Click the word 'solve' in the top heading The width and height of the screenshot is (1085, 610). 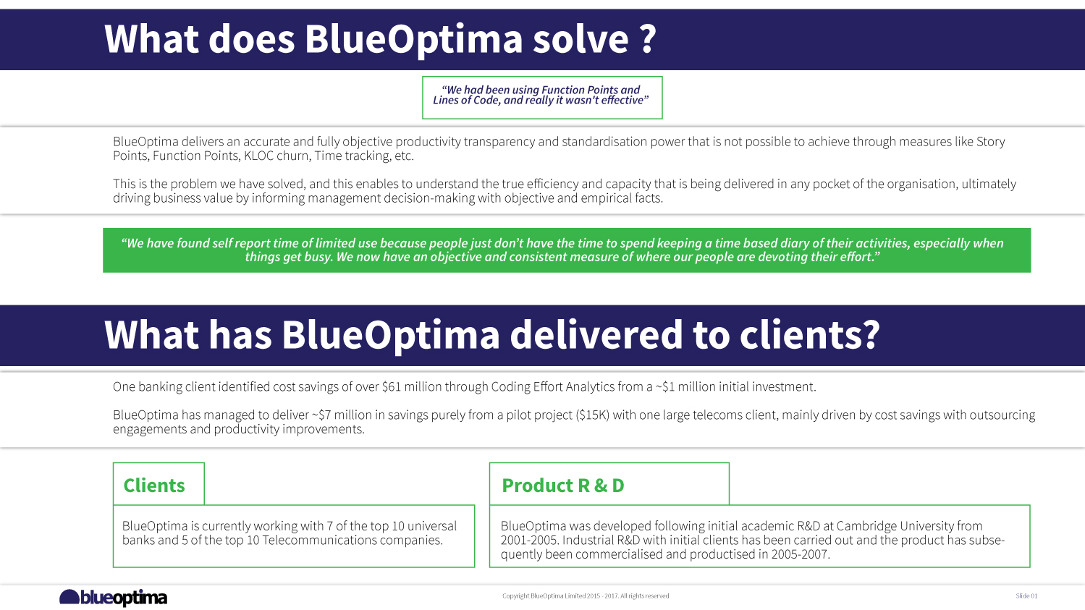[581, 39]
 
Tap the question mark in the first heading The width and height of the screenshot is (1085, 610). [648, 39]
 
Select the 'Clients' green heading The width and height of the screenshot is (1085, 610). [154, 486]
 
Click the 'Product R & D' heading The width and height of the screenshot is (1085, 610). [562, 486]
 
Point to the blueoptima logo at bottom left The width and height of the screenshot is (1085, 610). [114, 598]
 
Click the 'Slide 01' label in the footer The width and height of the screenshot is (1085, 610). [1026, 596]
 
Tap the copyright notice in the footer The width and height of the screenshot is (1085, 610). [586, 596]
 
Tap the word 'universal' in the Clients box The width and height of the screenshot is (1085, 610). [432, 526]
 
